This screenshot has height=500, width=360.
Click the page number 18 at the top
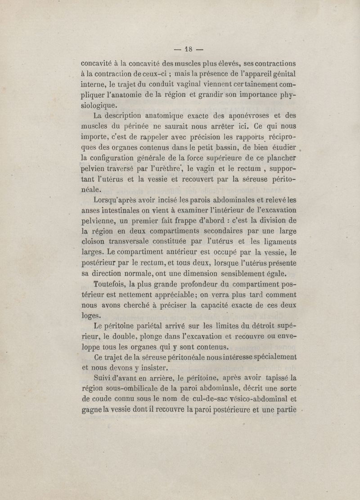[x=188, y=49]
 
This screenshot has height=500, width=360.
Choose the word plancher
[x=278, y=159]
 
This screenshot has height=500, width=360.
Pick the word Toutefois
[x=109, y=285]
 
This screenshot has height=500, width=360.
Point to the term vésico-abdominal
[x=255, y=399]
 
